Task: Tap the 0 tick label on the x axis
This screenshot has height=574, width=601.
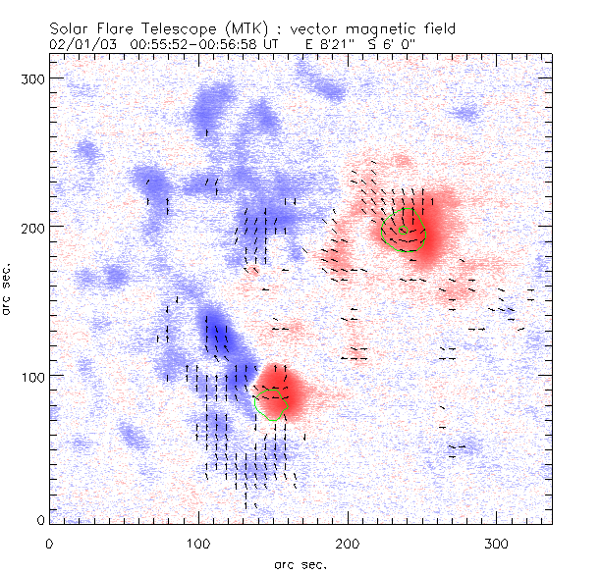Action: tap(49, 542)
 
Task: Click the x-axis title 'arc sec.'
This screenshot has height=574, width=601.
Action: tap(300, 563)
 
